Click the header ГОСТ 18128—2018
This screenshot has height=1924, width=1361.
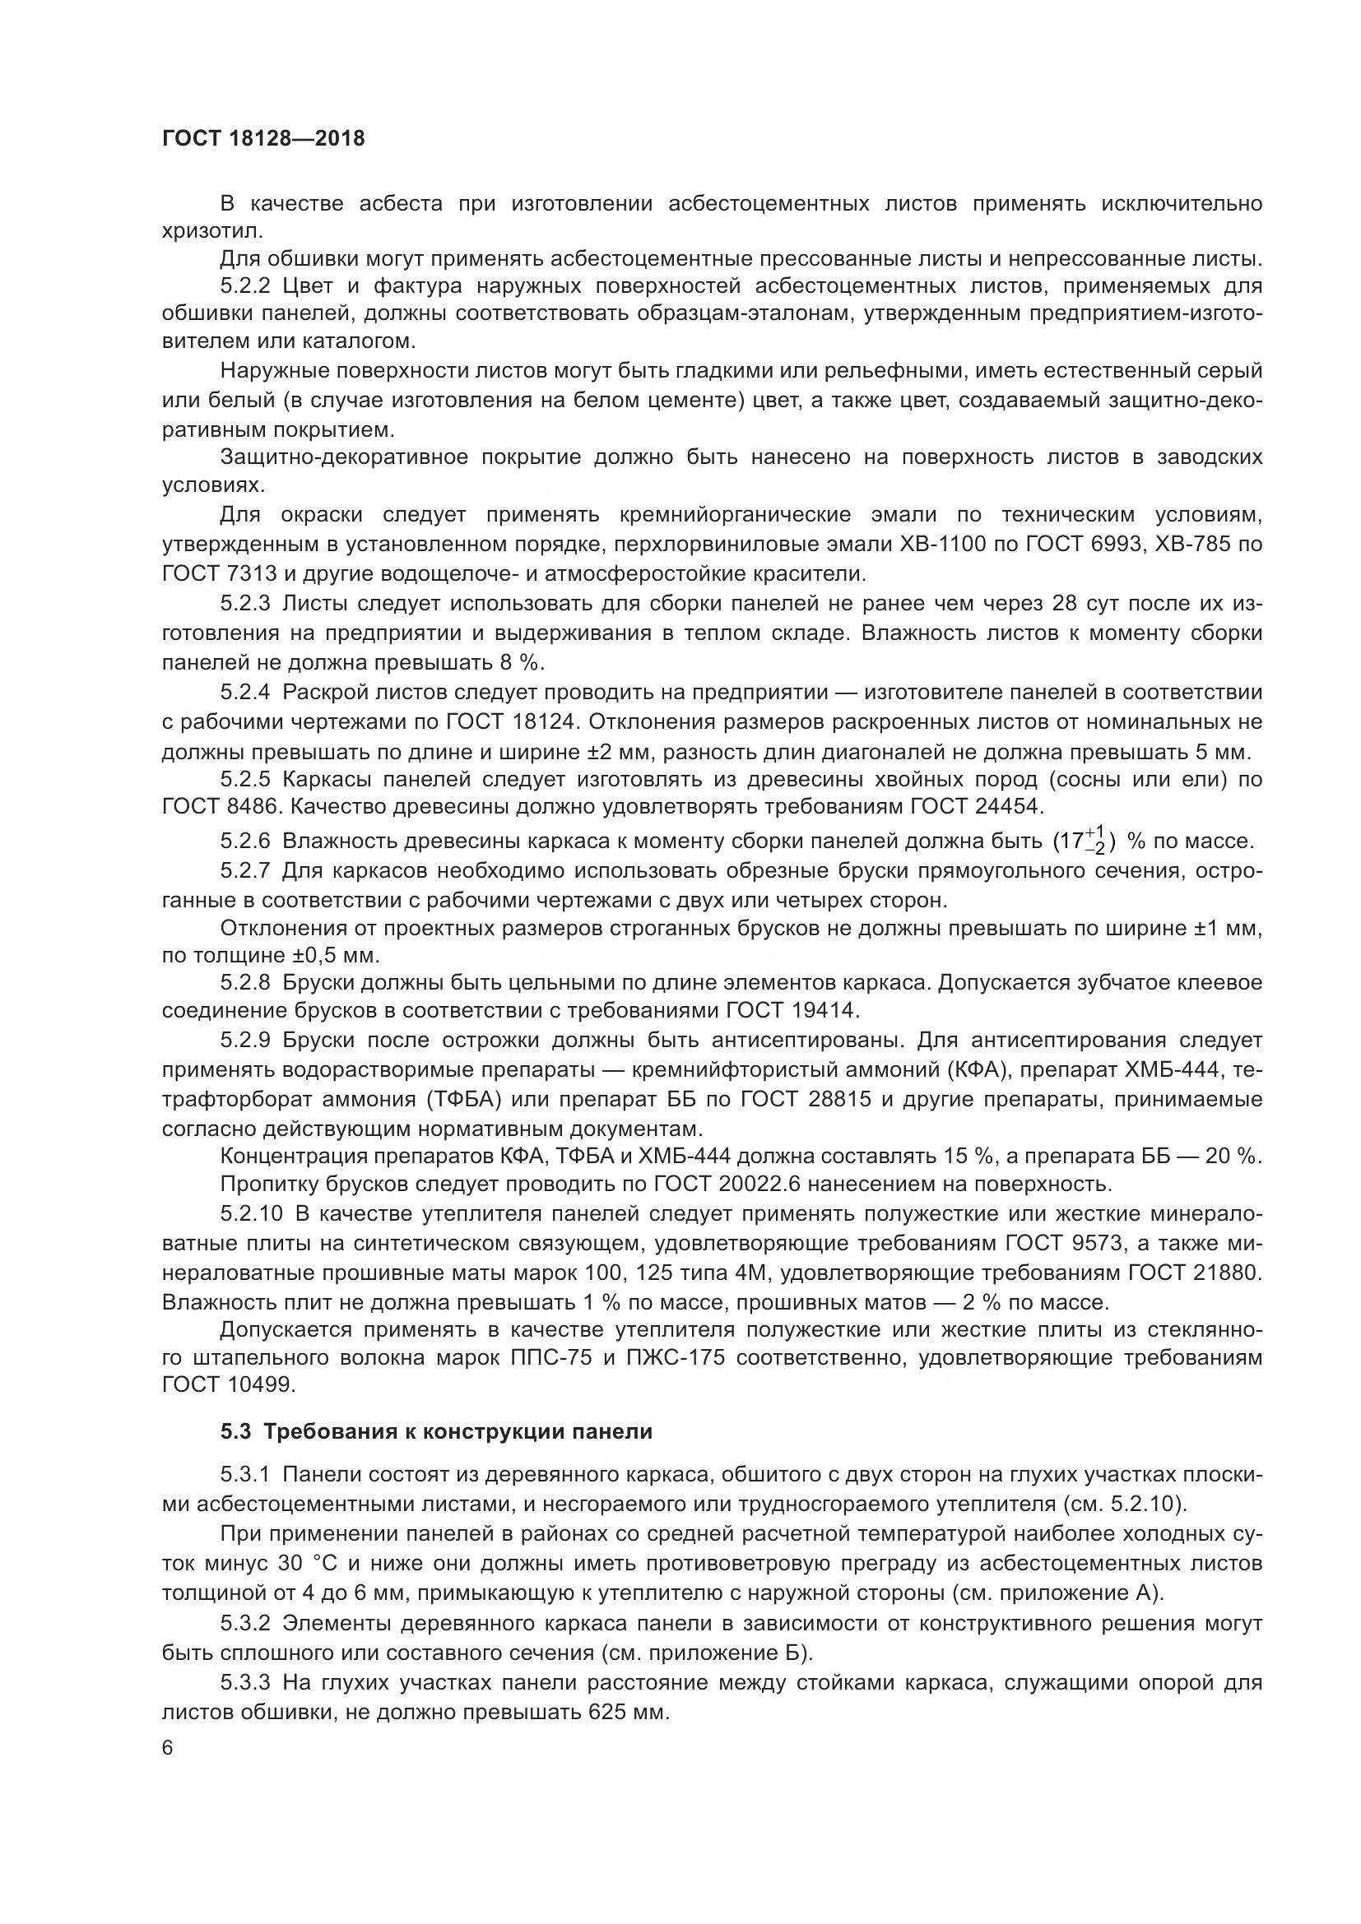tap(263, 138)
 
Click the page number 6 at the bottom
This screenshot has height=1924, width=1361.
tap(168, 1748)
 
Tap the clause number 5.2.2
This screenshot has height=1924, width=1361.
tap(245, 286)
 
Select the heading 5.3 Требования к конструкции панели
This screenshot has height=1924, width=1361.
tap(436, 1431)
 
